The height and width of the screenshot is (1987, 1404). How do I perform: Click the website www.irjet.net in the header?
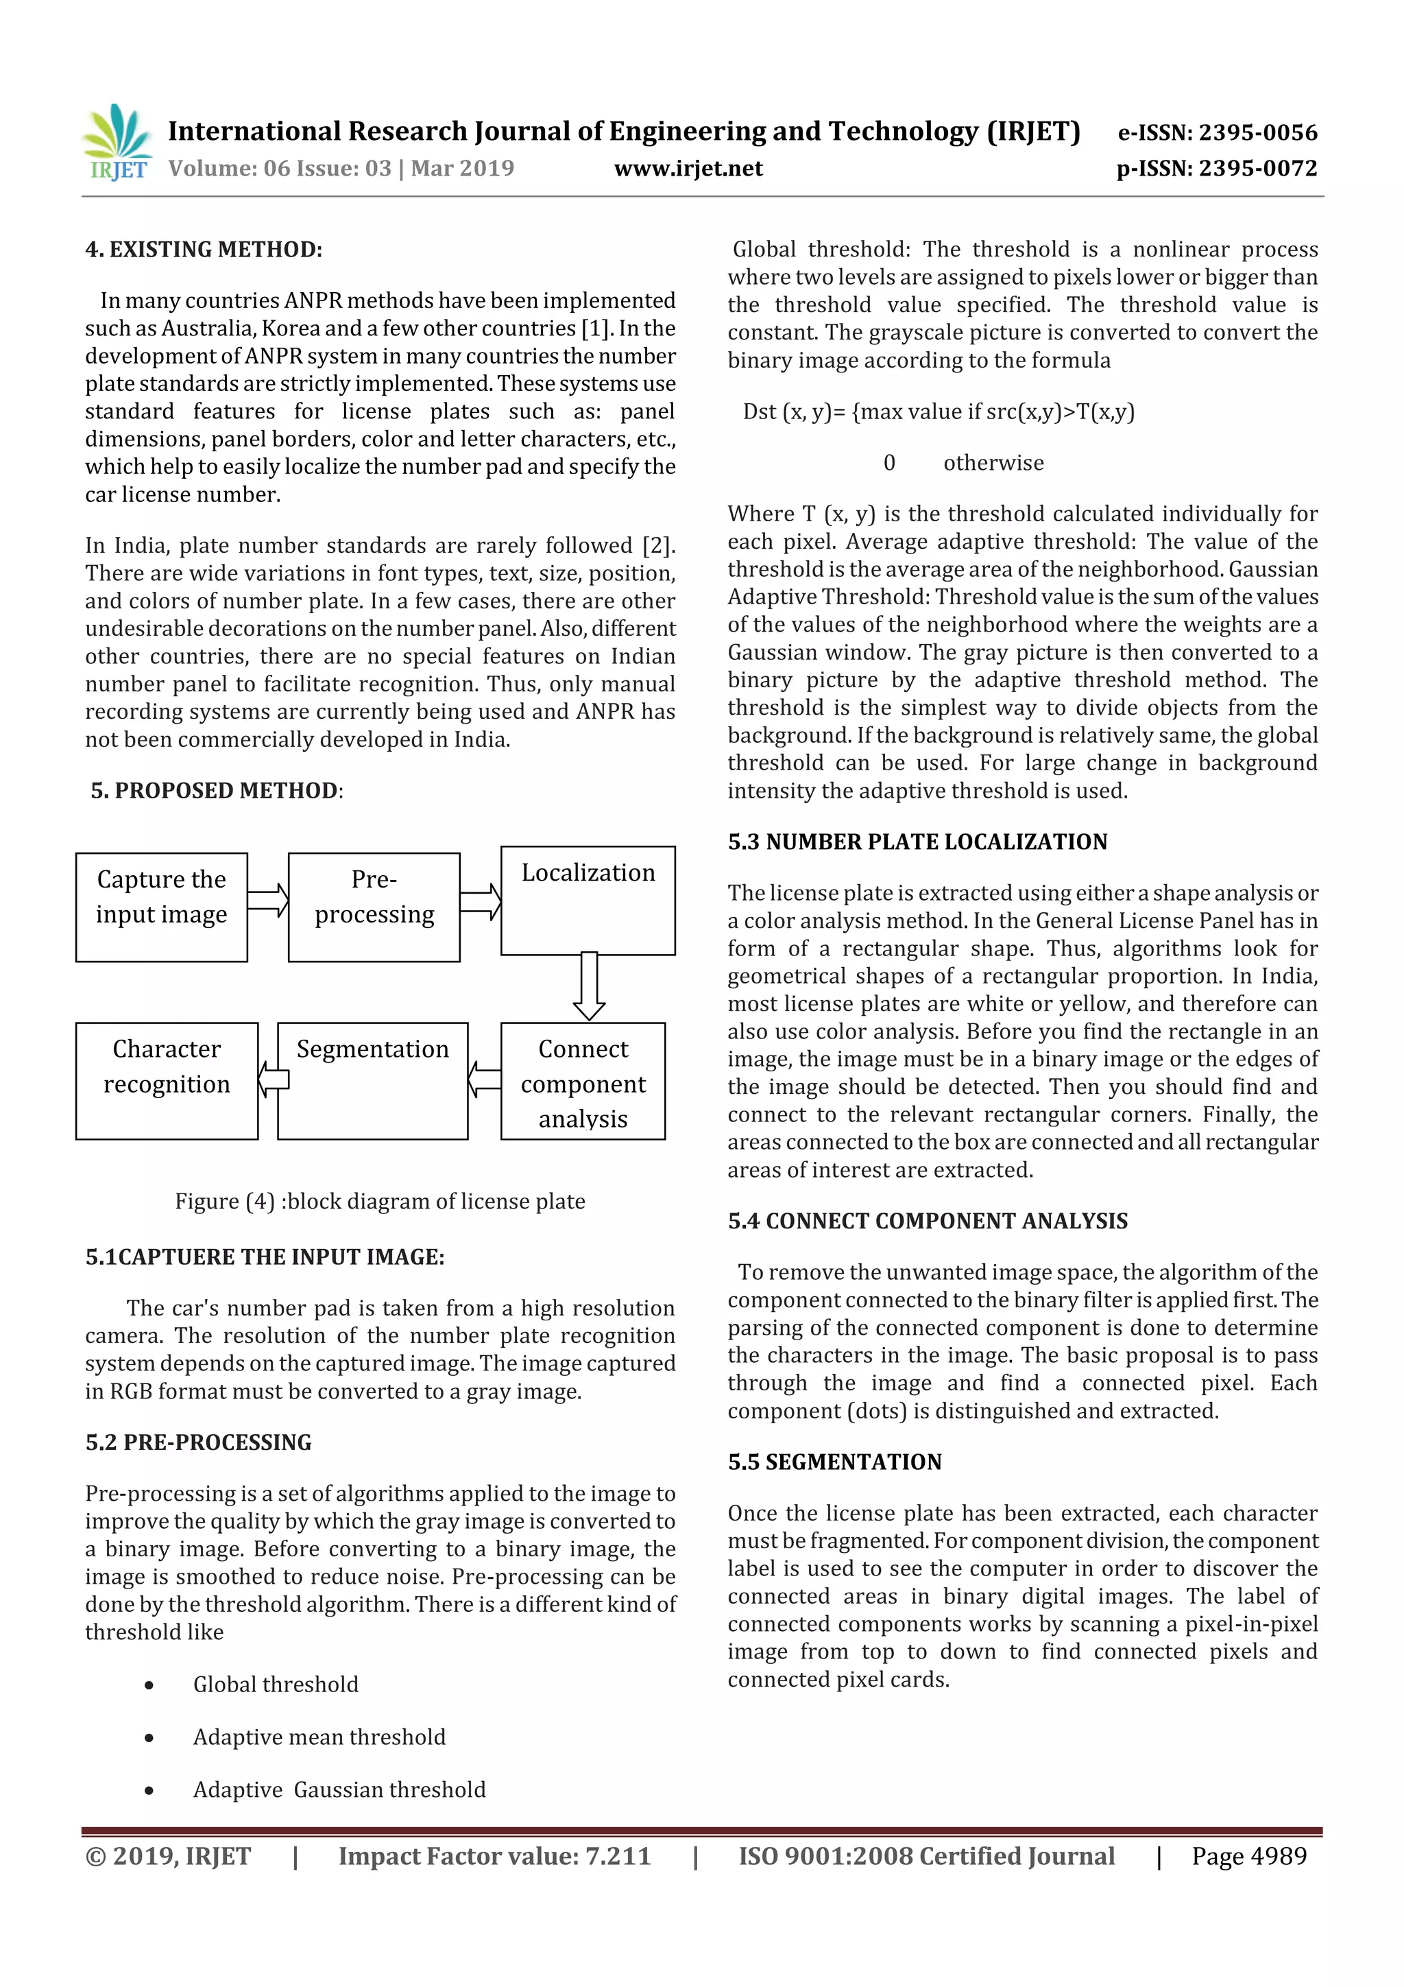688,168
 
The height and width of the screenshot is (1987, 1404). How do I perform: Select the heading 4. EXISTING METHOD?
204,250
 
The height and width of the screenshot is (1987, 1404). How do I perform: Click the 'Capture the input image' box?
162,906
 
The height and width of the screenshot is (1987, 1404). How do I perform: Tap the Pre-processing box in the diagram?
374,906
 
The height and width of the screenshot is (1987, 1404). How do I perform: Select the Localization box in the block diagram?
588,900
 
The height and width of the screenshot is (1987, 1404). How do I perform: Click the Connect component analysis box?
582,1081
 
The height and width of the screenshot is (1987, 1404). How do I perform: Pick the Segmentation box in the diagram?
372,1081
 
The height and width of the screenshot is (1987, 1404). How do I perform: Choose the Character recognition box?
167,1081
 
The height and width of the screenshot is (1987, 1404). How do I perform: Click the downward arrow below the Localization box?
589,986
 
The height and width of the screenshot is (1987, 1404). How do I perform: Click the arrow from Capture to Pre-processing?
268,900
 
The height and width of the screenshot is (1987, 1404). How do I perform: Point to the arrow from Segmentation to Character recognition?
274,1079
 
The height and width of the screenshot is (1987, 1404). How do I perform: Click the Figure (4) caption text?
380,1201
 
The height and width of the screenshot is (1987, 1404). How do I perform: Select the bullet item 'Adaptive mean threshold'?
319,1737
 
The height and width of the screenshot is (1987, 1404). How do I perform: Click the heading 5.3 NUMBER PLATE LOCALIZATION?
917,842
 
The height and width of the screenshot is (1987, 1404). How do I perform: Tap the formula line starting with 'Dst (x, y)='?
939,412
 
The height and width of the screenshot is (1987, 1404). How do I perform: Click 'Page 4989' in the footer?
1248,1856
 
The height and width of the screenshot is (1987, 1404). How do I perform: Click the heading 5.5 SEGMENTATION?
834,1462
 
